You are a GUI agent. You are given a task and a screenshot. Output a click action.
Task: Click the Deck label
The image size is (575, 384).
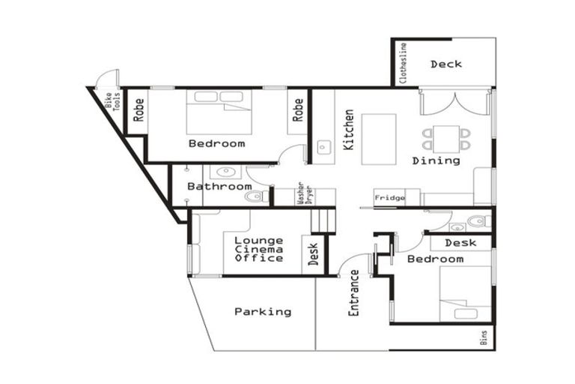(445, 64)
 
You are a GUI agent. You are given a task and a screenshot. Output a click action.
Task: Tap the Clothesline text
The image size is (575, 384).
(404, 63)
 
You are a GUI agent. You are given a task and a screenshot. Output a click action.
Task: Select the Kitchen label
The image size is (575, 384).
(349, 130)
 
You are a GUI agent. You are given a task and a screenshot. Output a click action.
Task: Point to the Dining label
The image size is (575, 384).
(436, 160)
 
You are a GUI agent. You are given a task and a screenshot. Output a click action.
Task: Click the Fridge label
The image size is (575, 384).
(389, 198)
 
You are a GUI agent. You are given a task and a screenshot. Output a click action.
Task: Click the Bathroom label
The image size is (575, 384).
(219, 186)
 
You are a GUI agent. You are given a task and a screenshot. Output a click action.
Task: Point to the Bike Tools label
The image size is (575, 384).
(112, 101)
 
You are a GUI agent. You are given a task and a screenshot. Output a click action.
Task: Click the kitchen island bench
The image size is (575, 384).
(379, 139)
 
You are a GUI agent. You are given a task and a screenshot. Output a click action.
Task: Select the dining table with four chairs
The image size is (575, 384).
(446, 138)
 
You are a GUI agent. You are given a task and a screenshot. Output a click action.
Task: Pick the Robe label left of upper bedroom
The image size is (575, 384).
(139, 110)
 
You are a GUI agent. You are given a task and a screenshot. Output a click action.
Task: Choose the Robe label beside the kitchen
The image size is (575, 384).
(298, 110)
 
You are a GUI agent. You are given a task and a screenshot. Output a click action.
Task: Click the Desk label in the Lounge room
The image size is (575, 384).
(313, 253)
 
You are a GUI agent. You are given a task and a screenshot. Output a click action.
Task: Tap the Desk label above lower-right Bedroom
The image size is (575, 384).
(460, 243)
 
